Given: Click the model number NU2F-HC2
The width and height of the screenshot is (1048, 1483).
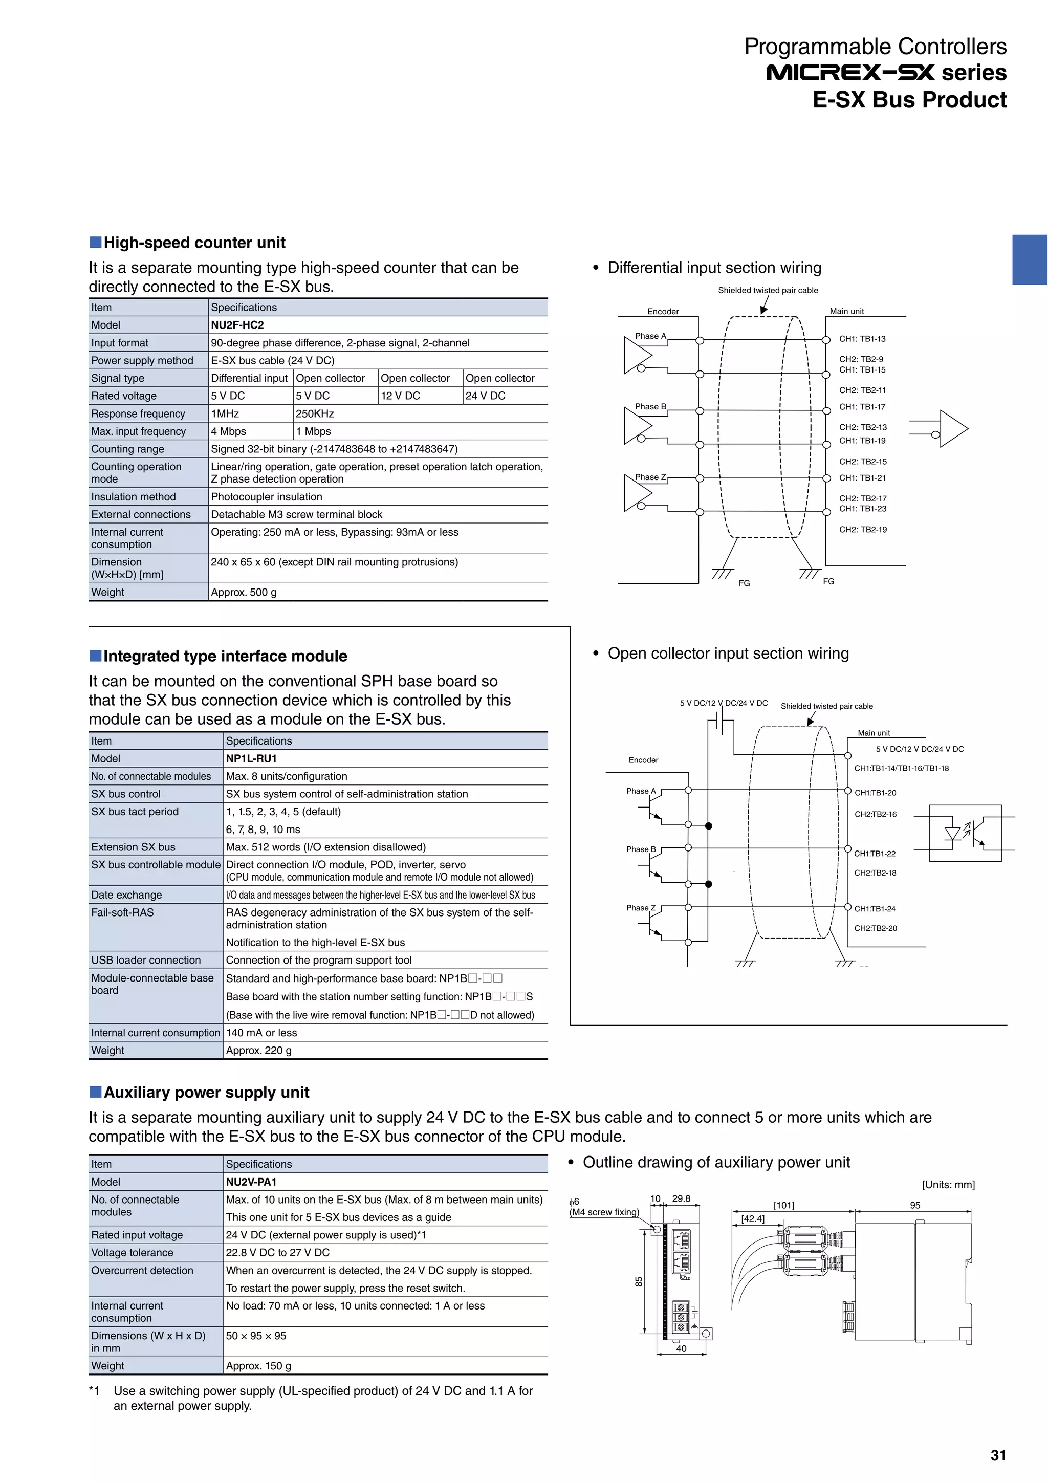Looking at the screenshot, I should [237, 325].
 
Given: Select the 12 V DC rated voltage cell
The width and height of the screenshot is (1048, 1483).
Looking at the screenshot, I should [400, 396].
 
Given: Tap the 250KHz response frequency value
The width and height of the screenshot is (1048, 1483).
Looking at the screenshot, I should [315, 413].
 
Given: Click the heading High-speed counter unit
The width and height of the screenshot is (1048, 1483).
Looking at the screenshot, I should [194, 243].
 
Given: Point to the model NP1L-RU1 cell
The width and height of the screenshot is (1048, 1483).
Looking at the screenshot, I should [251, 758].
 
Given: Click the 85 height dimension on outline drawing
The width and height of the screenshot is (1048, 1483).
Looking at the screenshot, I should [639, 1281].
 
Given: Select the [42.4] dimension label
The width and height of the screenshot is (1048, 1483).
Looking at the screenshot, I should [752, 1219].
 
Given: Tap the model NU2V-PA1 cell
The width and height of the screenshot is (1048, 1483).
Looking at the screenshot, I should [251, 1182].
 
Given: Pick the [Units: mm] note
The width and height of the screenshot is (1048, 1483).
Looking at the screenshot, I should [948, 1185].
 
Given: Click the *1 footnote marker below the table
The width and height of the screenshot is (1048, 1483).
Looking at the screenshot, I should [95, 1391].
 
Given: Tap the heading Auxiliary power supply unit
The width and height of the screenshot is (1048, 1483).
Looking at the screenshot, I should [206, 1092].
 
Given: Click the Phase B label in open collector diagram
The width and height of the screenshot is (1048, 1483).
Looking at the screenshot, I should [641, 849].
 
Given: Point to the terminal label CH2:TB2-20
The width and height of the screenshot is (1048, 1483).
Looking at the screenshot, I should [876, 928].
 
